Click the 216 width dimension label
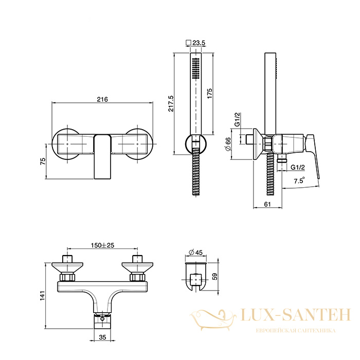click(102, 99)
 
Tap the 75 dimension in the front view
click(43, 161)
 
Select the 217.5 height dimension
click(171, 103)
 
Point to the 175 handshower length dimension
click(210, 94)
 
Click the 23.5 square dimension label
click(199, 43)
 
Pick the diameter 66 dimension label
click(228, 144)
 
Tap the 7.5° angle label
click(299, 180)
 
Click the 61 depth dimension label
click(267, 204)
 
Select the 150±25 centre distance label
click(102, 245)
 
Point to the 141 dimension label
click(43, 296)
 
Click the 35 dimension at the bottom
click(103, 337)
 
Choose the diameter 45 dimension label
click(195, 253)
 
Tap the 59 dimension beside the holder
click(215, 277)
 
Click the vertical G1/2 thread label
click(238, 120)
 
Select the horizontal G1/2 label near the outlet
click(298, 167)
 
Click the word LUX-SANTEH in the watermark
click(296, 315)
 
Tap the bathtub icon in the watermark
click(213, 320)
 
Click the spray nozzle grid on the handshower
click(196, 68)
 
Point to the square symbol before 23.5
click(189, 43)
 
